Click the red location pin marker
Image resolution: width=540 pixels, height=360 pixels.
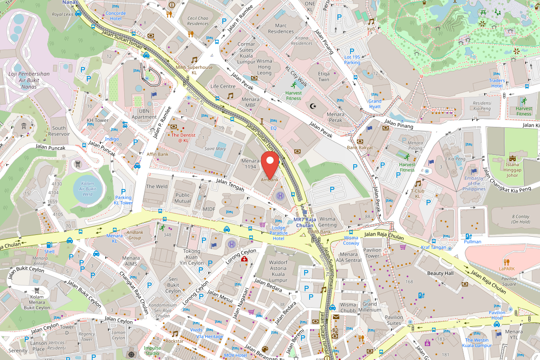point(270,165)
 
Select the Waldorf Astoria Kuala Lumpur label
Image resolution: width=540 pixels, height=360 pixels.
point(278,270)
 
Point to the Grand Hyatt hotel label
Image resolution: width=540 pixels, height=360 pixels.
point(374,104)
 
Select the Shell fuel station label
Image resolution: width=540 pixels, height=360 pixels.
point(49,251)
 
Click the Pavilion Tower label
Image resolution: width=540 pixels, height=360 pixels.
point(372,253)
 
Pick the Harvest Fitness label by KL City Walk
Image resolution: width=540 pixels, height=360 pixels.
point(293,95)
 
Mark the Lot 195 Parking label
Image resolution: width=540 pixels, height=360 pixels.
point(352,59)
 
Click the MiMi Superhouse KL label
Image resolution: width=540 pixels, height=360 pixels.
point(194,70)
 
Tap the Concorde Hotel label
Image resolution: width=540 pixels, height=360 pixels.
point(116,16)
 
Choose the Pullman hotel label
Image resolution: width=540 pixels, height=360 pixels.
point(472,242)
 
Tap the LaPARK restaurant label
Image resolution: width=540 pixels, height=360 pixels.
point(506,268)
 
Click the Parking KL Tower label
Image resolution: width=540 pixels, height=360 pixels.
point(123,200)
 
